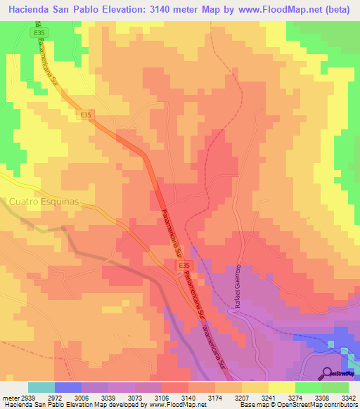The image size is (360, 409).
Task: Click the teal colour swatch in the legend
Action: (x=41, y=387)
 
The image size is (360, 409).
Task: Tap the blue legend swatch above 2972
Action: (x=68, y=387)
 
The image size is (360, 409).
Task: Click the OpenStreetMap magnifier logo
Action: (x=327, y=373)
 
